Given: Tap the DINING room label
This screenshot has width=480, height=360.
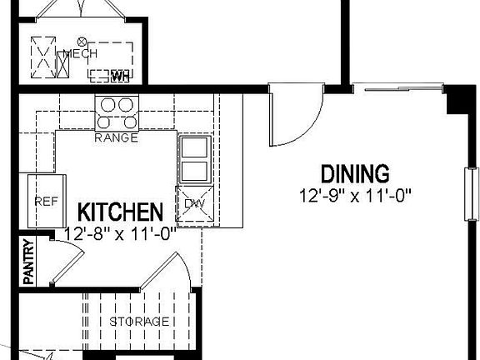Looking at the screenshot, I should tap(355, 174).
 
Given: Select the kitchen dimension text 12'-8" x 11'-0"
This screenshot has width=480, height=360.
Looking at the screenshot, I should tap(120, 234).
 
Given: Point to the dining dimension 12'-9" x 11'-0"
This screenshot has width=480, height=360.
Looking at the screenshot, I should tap(356, 197).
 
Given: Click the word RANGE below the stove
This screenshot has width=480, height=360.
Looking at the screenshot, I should tap(116, 137).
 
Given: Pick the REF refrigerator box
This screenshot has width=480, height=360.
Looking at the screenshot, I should tap(44, 201).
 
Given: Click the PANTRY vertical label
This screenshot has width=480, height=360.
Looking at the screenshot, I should tap(28, 262).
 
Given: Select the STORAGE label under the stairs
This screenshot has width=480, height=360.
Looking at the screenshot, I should tap(139, 321).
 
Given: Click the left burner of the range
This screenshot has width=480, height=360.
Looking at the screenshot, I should tap(107, 105).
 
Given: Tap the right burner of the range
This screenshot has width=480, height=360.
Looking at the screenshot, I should tap(127, 105).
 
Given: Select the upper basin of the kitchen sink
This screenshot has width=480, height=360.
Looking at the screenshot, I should tap(193, 148).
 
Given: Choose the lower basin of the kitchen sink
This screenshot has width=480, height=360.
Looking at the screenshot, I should tap(193, 171).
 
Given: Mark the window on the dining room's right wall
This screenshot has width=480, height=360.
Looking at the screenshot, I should tap(471, 192).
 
